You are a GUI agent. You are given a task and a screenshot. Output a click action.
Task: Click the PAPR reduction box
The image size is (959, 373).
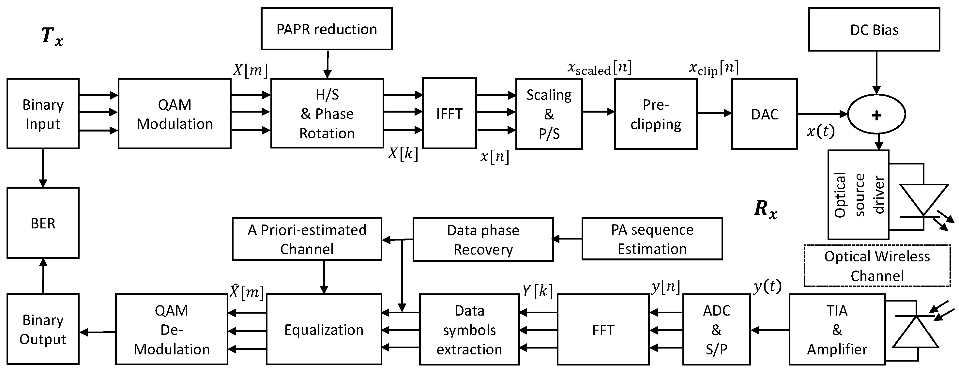tap(326, 29)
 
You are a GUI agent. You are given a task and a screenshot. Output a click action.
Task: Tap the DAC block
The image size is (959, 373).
tap(764, 114)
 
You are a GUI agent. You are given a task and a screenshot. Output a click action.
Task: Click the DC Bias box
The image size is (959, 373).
tap(874, 29)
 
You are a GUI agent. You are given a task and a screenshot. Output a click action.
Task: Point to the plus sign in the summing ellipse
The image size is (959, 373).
tap(876, 115)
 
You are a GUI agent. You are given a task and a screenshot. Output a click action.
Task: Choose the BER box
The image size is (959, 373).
tap(43, 223)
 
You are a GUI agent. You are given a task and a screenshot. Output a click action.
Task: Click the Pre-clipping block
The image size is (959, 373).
tap(655, 114)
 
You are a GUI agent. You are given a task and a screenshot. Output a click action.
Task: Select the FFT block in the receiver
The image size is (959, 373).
tap(603, 329)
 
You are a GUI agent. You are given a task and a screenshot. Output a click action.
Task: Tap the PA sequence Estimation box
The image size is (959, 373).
tap(652, 239)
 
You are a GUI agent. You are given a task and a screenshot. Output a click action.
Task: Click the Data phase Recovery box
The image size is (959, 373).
tap(483, 239)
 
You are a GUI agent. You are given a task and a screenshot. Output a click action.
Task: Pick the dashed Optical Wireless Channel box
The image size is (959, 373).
tap(877, 266)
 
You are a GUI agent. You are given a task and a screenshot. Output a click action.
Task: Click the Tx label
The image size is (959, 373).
tap(52, 37)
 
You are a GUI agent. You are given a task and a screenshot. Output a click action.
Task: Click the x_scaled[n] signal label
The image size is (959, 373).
tap(600, 68)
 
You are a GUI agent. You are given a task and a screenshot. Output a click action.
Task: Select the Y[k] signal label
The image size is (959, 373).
tap(537, 290)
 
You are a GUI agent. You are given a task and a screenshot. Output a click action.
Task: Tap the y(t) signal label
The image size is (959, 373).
tap(767, 286)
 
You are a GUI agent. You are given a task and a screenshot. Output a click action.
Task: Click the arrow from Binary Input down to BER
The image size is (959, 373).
tap(43, 168)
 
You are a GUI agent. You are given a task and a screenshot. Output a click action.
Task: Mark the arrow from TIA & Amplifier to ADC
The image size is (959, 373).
tap(769, 330)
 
